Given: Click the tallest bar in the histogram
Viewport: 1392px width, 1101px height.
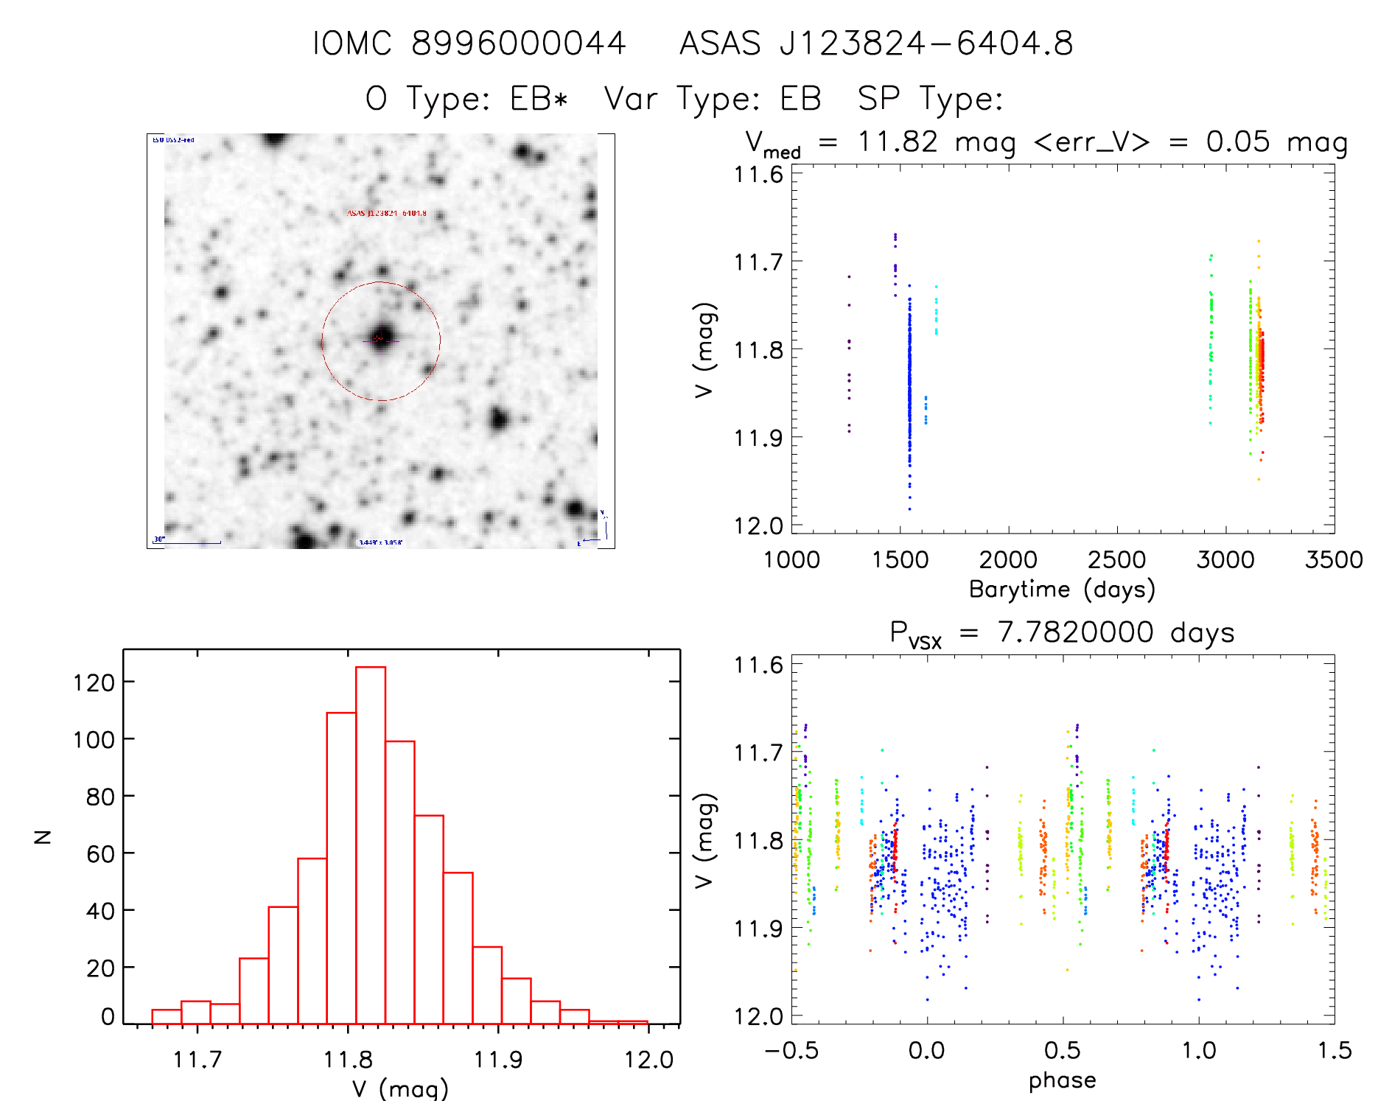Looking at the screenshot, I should click(x=370, y=844).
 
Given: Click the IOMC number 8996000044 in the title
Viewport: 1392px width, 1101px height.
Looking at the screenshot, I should click(x=518, y=43).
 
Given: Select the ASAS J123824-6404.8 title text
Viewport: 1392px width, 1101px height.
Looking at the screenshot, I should click(x=875, y=43).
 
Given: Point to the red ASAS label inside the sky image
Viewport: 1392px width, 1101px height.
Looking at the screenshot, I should click(x=386, y=213).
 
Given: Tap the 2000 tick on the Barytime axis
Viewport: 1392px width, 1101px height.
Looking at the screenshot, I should click(x=1008, y=560).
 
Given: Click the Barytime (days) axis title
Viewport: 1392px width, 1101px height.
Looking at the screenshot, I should click(x=1061, y=590).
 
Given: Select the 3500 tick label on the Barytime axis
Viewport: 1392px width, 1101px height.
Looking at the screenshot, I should click(x=1333, y=560).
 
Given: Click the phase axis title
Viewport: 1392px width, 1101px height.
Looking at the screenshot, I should click(x=1062, y=1080).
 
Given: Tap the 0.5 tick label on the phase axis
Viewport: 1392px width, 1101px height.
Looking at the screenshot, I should click(x=1062, y=1050).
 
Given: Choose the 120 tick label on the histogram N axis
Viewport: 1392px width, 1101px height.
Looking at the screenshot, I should click(x=94, y=682).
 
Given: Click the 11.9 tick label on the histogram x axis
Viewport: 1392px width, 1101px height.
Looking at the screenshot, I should click(x=498, y=1060).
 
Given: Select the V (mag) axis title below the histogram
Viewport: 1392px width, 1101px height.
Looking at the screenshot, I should click(x=399, y=1088).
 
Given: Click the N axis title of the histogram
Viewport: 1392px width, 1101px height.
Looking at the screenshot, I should click(x=43, y=836).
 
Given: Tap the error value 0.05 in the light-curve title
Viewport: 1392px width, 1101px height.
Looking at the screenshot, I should click(x=1237, y=141).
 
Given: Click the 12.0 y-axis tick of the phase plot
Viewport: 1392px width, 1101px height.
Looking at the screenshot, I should click(x=758, y=1016).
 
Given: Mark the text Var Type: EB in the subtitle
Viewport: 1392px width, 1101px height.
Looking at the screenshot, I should click(x=712, y=99).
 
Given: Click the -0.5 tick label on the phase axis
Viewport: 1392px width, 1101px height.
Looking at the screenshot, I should click(x=791, y=1050).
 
